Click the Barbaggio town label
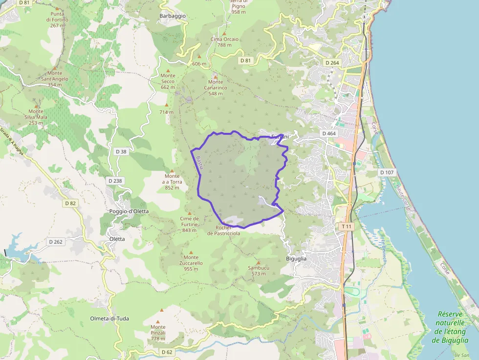click(173, 16)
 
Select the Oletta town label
click(117, 239)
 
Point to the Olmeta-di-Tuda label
click(109, 318)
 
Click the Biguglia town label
click(296, 258)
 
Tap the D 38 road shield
click(121, 151)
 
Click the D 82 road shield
click(70, 203)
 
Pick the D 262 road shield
click(56, 242)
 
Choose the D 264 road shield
click(332, 63)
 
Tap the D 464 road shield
click(329, 133)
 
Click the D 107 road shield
click(387, 172)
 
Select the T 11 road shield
click(347, 227)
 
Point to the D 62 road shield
click(167, 352)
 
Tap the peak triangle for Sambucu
click(258, 263)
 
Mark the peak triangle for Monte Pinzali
click(161, 310)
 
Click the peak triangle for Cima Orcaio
click(224, 33)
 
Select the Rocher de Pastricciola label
click(224, 231)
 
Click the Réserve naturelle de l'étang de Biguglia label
click(451, 327)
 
